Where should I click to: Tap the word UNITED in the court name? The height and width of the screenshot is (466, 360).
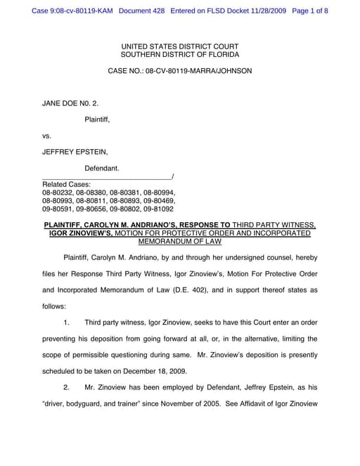pos(136,45)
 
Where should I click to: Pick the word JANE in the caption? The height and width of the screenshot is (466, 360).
pos(53,103)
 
